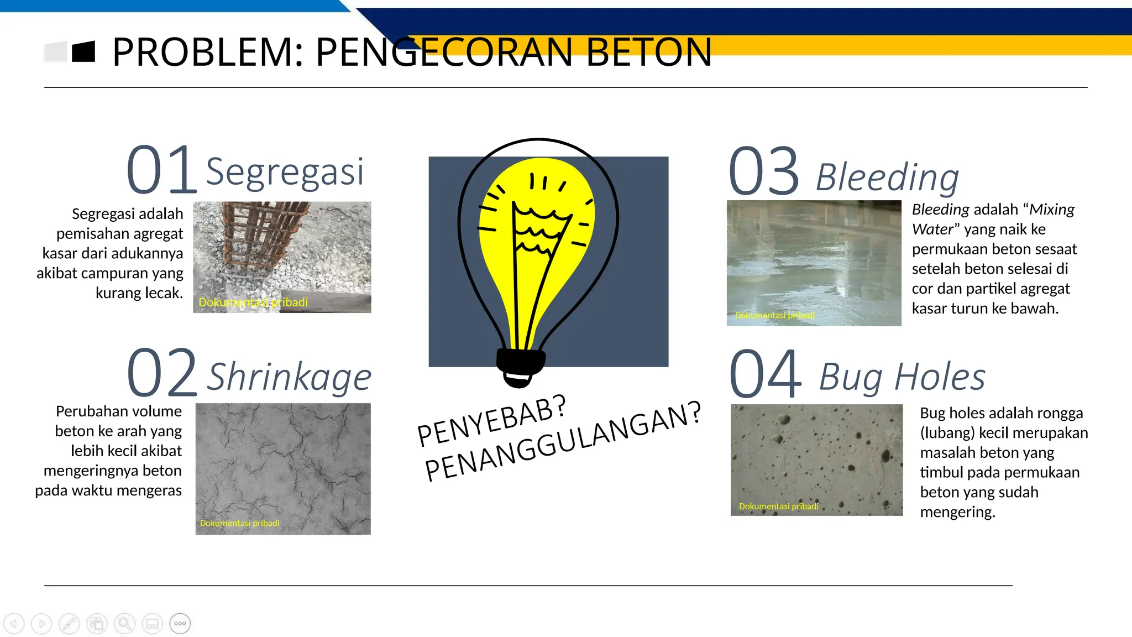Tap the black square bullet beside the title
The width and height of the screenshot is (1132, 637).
pos(83,52)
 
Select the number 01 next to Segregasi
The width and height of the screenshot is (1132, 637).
pos(161,170)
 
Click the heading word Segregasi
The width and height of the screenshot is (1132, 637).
pos(285,172)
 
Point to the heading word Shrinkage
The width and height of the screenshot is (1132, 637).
pos(289,377)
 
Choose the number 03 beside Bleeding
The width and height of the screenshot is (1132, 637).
pos(764,171)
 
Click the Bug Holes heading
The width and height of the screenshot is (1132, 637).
pos(902,377)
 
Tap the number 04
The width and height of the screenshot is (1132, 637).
pos(765,374)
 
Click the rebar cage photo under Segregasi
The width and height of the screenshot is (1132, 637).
pos(282,257)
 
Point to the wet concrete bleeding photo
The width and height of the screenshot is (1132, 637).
pos(814,263)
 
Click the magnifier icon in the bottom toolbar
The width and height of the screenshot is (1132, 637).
pos(124,624)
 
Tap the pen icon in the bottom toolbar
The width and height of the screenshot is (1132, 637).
pos(69,624)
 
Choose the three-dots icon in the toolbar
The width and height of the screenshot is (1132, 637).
pos(180,624)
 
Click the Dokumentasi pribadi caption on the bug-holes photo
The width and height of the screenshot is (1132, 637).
pos(778,506)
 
